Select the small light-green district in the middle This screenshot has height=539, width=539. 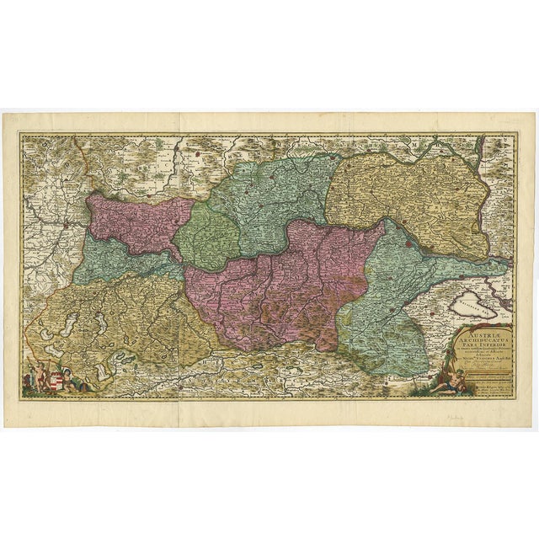point(207,237)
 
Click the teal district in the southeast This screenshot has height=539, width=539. point(387,303)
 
